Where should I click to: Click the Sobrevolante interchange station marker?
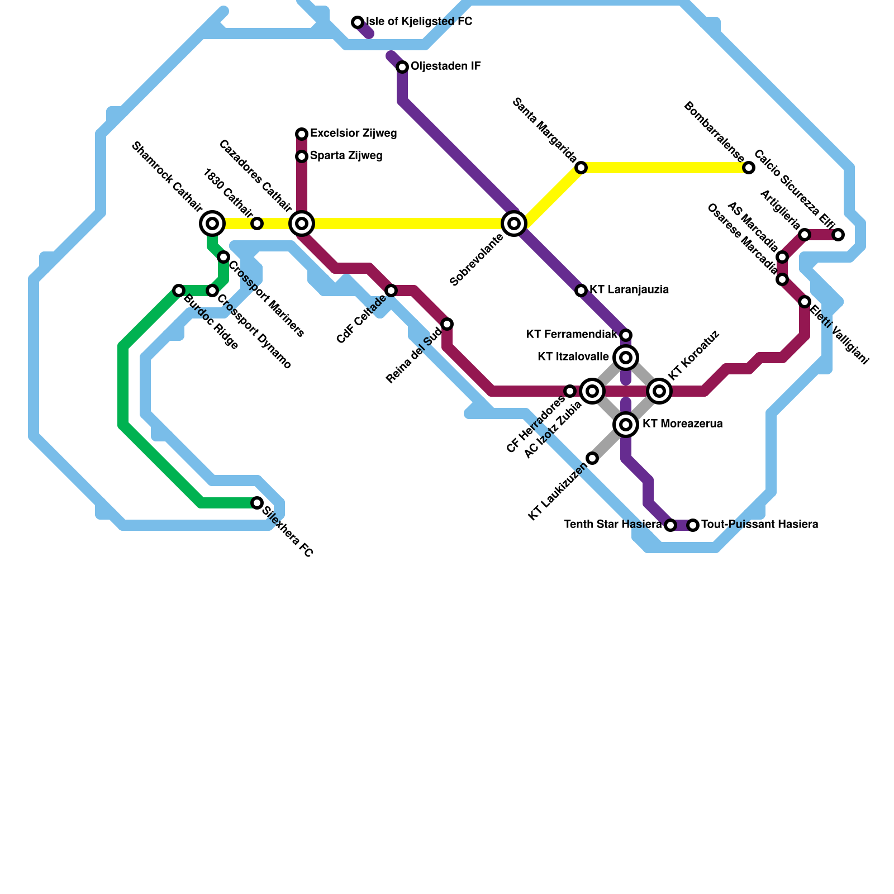(x=514, y=223)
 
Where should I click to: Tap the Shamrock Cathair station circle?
(x=212, y=223)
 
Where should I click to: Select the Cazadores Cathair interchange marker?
(x=302, y=223)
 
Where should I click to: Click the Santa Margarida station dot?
(x=581, y=168)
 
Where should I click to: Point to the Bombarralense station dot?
(x=749, y=168)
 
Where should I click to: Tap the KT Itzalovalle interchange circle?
(x=626, y=358)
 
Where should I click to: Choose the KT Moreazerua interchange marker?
(x=626, y=425)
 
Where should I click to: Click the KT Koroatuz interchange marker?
(x=659, y=391)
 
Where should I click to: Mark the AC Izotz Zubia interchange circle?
(x=592, y=391)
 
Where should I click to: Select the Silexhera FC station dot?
(x=257, y=503)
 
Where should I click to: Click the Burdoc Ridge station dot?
(x=179, y=291)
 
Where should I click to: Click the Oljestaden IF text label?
(x=446, y=66)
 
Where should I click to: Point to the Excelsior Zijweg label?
(x=354, y=134)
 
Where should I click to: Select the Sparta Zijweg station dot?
(x=302, y=156)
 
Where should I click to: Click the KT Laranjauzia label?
(x=629, y=290)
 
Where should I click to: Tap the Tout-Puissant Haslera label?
(x=760, y=525)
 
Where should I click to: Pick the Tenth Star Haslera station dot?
(x=670, y=525)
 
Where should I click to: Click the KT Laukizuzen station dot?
(x=592, y=458)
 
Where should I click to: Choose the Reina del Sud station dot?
(x=447, y=324)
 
